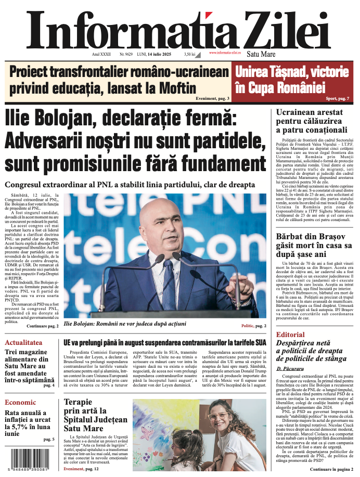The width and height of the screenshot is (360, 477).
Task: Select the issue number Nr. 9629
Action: pos(126,54)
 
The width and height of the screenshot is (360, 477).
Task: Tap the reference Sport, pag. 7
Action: pos(338,98)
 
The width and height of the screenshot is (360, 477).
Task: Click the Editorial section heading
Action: pos(290,334)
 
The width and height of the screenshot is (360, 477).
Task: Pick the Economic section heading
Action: pos(20,402)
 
